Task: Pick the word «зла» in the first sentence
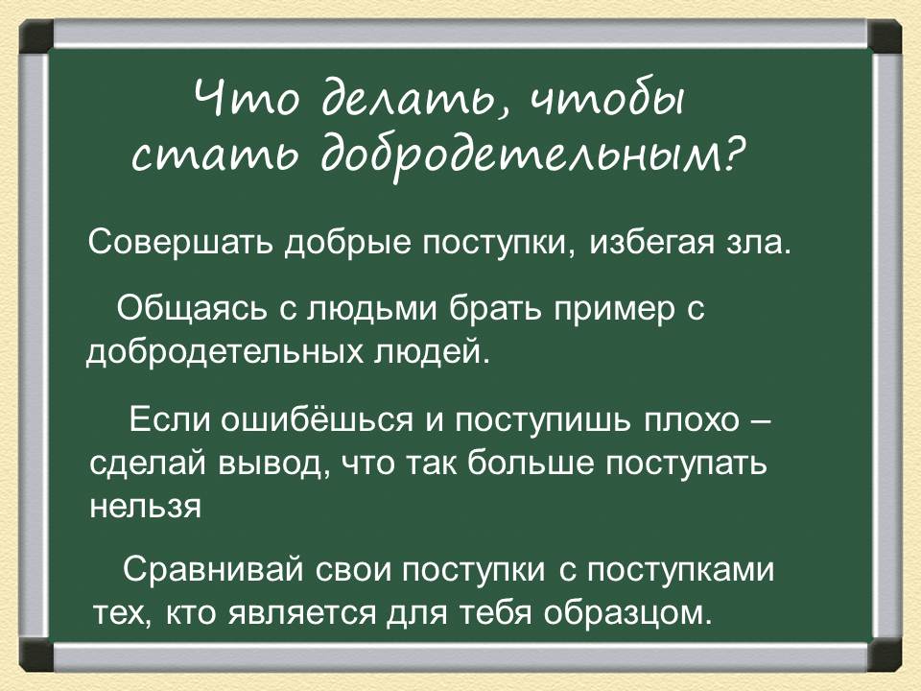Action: [x=757, y=242]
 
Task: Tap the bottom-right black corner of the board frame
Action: [x=885, y=655]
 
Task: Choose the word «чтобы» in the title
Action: [x=607, y=100]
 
